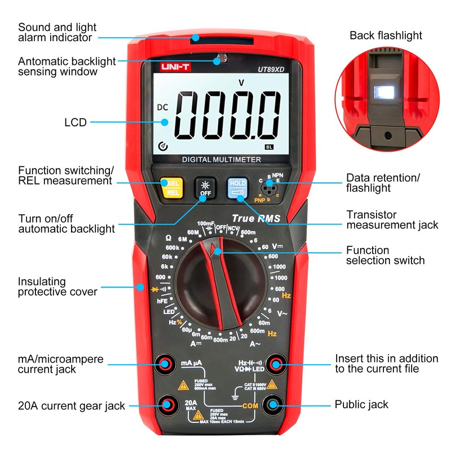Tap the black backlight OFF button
click(x=205, y=188)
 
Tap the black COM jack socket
click(x=275, y=404)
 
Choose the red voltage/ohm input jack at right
click(x=275, y=364)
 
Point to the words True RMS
click(x=256, y=218)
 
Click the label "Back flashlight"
click(x=386, y=36)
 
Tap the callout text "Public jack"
click(x=361, y=404)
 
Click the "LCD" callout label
click(x=76, y=122)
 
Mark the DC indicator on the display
click(x=162, y=107)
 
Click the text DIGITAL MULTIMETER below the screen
click(x=222, y=160)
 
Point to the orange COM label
click(x=250, y=405)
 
